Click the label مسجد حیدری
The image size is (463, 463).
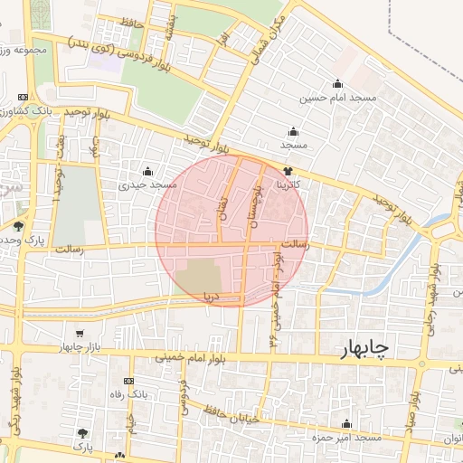[x=147, y=184]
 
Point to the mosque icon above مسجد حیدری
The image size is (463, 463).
[x=147, y=171]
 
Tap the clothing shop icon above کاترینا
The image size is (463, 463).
[x=288, y=170]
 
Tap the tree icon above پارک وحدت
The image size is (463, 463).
[x=18, y=226]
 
